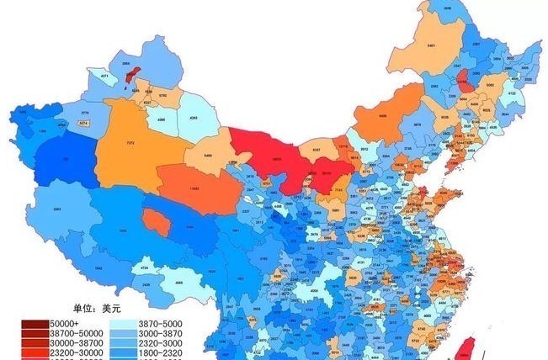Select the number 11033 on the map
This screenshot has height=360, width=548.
[x=194, y=188]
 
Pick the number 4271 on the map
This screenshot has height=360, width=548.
[x=105, y=77]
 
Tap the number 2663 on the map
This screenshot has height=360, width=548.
[x=56, y=209]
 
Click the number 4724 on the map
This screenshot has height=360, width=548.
[x=145, y=267]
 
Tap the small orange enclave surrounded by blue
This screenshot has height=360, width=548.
[x=154, y=221]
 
